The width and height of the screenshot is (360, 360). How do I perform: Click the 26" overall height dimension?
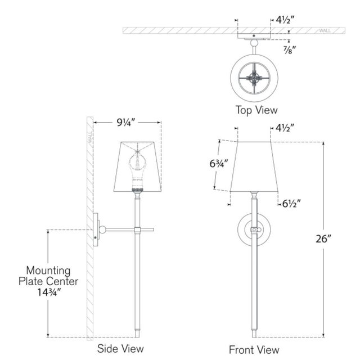point(323,238)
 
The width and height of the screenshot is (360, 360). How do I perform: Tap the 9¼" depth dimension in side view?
point(126,123)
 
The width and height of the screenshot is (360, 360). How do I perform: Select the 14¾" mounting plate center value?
point(49,292)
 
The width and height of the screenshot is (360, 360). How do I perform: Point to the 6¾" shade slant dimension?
point(219,164)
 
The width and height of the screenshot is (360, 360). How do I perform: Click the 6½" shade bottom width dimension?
point(291,204)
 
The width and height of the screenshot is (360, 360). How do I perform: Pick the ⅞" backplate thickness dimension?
point(290,50)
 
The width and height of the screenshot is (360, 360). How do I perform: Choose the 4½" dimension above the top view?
point(285,20)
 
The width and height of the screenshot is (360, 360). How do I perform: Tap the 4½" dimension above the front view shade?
point(285,128)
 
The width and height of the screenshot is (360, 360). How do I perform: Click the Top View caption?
point(256,110)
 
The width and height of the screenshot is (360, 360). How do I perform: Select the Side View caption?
point(120,349)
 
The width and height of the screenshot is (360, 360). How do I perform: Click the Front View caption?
point(254,350)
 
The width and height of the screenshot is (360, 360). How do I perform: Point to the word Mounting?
point(48,271)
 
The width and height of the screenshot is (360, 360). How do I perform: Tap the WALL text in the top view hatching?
point(325,30)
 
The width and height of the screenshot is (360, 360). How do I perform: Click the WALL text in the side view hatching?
point(90,137)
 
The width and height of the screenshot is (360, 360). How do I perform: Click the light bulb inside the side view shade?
point(137,170)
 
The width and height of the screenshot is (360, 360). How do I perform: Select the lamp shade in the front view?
point(254,167)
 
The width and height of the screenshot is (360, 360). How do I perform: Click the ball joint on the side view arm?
point(102,229)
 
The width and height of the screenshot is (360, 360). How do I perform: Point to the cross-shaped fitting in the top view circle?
point(254,78)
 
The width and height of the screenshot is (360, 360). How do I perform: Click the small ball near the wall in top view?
point(254,43)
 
